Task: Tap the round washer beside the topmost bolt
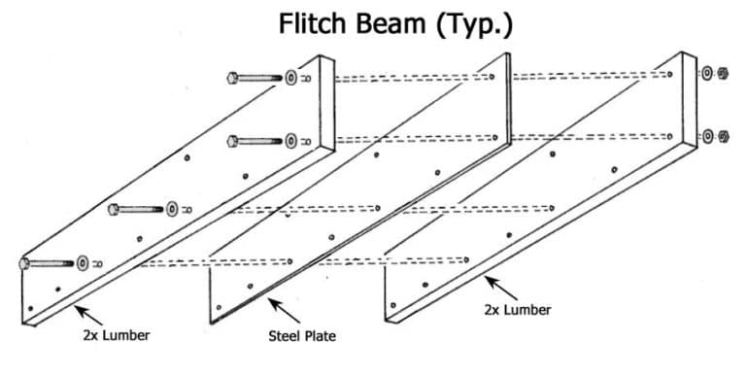coord(290,76)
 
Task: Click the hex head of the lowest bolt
coord(23,263)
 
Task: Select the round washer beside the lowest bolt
coord(83,262)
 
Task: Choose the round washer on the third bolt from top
coord(173,208)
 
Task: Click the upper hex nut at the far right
coord(721,74)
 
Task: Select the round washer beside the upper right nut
coord(706,74)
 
